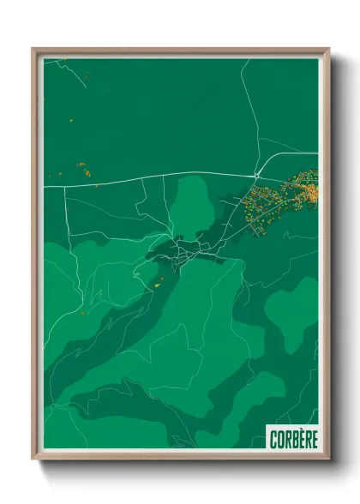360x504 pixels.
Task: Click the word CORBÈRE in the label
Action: [x=292, y=438]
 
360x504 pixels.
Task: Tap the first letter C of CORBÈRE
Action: [x=273, y=438]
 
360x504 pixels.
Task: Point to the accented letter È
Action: [x=300, y=438]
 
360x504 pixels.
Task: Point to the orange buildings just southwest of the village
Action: [x=157, y=280]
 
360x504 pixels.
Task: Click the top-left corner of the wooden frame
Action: [x=33, y=50]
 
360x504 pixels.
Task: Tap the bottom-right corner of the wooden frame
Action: [x=328, y=458]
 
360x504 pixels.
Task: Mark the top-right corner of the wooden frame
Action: [x=328, y=50]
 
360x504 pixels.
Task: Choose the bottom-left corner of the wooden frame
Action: [x=33, y=458]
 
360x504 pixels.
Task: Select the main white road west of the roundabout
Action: [x=154, y=177]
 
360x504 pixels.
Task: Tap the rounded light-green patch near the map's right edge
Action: [x=293, y=309]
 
